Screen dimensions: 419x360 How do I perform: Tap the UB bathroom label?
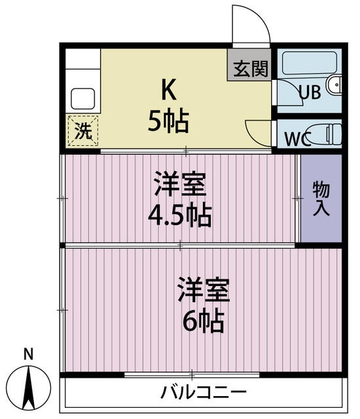310,92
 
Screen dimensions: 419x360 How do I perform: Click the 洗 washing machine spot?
82,130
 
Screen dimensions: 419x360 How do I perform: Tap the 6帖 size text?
204,320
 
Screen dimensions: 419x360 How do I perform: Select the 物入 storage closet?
321,199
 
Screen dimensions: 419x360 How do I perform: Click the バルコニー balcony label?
204,393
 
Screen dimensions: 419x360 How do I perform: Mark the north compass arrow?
29,387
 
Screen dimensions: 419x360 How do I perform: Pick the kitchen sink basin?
83,99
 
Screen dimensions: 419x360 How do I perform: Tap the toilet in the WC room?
324,134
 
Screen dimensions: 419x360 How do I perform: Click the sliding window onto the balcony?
192,375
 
